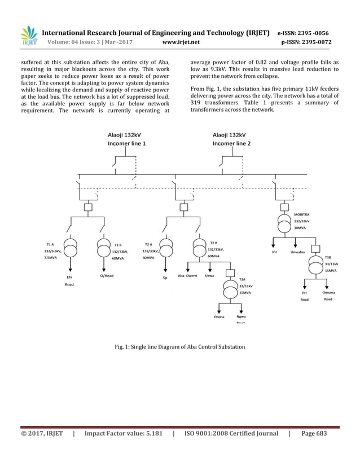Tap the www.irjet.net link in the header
coord(181,42)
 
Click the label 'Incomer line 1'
coord(127,143)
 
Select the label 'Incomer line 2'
coord(231,143)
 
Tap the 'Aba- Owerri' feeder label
coord(187,276)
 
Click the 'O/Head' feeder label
coord(107,276)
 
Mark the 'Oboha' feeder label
coord(219,316)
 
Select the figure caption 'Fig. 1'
coord(179,346)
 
